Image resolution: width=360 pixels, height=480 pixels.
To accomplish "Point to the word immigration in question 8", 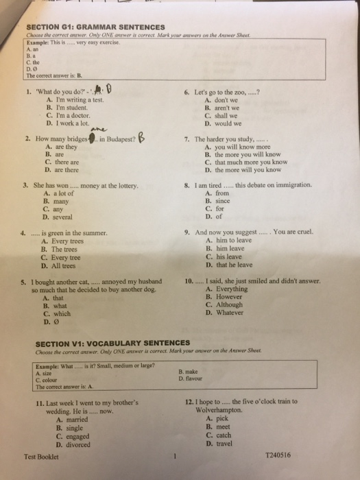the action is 289,185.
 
